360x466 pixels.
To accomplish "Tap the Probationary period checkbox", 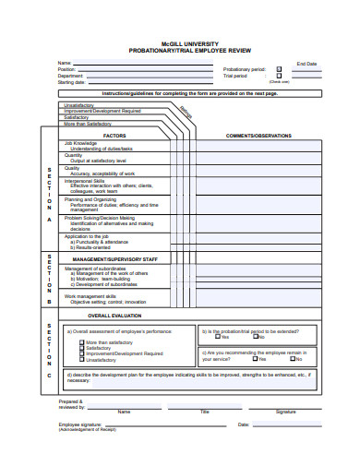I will point(279,69).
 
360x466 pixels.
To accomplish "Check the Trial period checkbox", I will point(279,76).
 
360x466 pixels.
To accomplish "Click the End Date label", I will point(306,64).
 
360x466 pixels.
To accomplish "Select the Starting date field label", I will point(71,82).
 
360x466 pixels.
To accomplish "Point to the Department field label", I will point(70,76).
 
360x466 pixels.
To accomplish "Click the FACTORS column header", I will point(114,136).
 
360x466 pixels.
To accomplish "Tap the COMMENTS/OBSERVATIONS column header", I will point(258,136).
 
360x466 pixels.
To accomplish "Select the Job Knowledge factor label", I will point(80,144).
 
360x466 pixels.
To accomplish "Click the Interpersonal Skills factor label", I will point(85,181).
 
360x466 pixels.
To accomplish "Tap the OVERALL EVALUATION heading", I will point(126,316).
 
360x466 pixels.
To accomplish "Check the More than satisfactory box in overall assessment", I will point(81,342).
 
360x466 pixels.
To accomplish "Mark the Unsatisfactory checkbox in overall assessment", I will point(81,359).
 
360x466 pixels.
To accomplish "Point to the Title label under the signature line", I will point(205,411).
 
